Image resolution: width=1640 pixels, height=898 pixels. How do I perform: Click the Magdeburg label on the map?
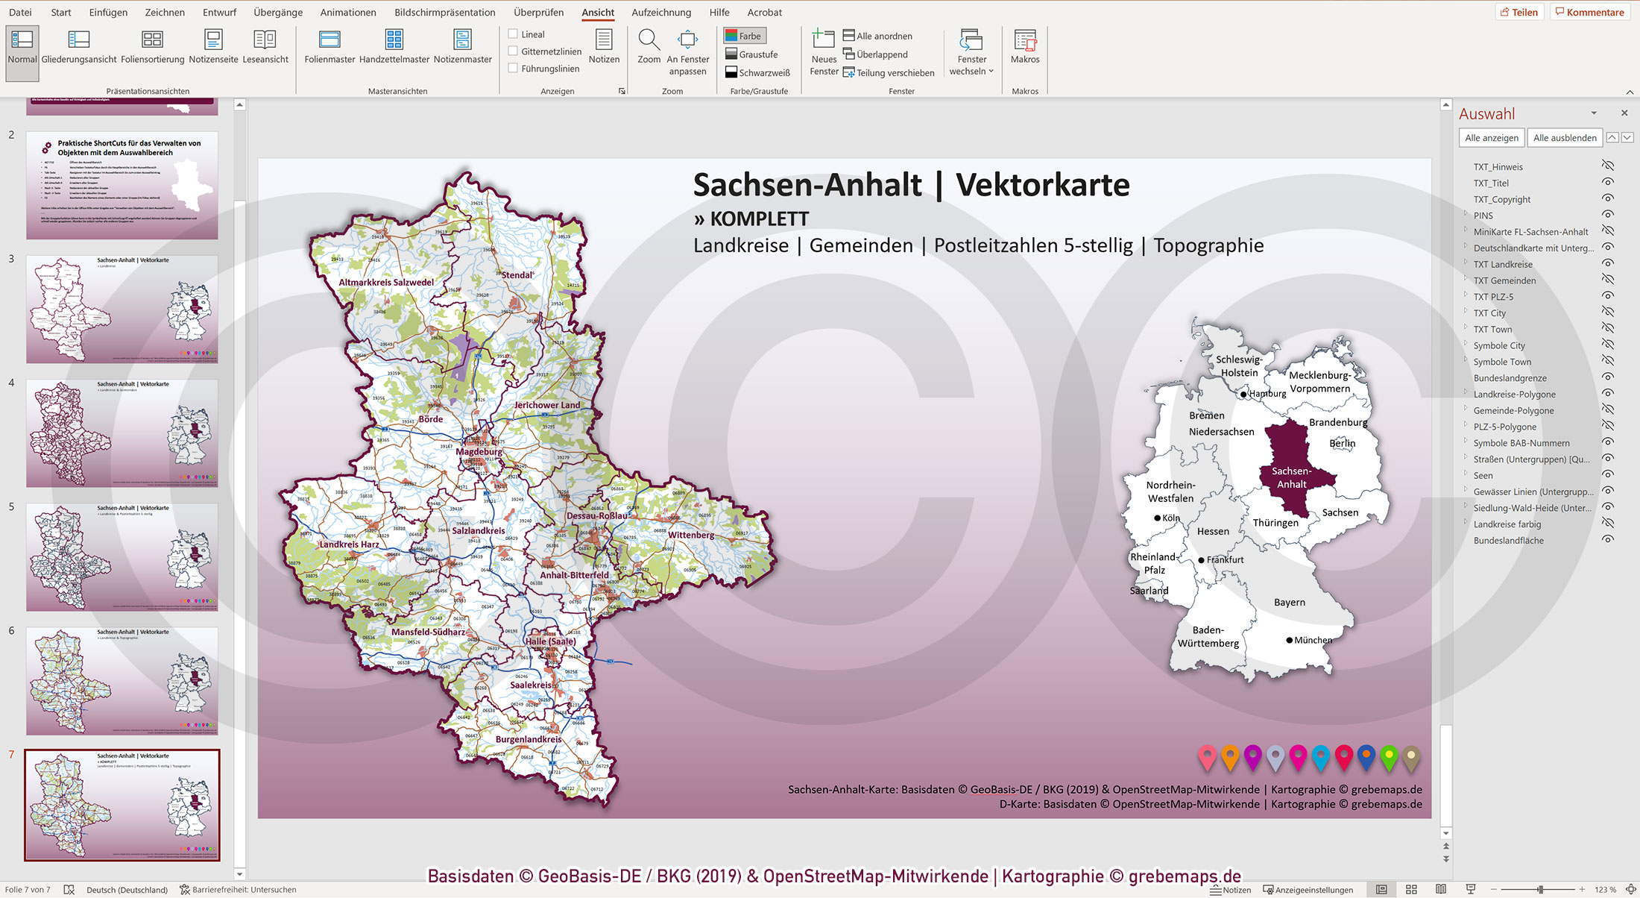click(479, 451)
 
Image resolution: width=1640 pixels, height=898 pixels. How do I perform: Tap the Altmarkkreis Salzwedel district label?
click(385, 283)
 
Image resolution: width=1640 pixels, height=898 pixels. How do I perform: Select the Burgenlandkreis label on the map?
click(529, 739)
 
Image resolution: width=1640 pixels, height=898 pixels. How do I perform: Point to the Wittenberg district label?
click(690, 535)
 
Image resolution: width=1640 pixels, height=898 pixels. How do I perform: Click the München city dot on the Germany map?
click(1289, 640)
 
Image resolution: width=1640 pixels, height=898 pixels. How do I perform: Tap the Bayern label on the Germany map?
click(1289, 602)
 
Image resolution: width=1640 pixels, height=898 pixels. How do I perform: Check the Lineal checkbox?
click(513, 34)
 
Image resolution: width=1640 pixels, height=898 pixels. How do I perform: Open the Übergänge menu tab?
click(277, 12)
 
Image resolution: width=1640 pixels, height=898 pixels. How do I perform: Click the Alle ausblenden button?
click(1564, 138)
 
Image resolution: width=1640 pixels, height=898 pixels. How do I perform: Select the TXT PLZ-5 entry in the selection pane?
click(1492, 297)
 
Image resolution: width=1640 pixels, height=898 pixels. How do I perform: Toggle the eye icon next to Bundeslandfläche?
click(1608, 540)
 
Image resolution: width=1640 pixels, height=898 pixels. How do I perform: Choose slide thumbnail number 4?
click(122, 433)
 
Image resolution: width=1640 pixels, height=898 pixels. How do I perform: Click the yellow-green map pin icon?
click(1388, 757)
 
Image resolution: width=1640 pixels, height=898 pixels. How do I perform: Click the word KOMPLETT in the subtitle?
click(759, 219)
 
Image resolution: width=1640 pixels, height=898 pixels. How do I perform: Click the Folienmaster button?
click(329, 46)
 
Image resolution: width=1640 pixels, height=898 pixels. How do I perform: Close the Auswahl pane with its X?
click(1624, 113)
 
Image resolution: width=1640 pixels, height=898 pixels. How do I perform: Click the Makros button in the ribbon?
click(1024, 46)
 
